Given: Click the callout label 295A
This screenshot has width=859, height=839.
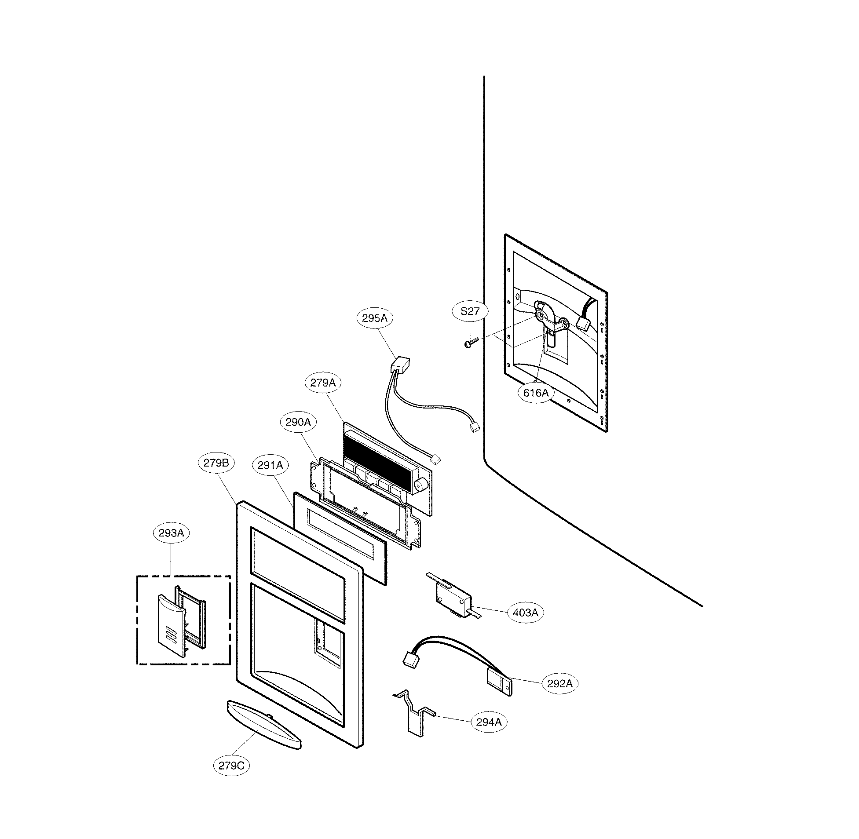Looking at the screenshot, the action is tap(375, 318).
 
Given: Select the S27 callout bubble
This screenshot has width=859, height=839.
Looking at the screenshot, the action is tap(470, 311).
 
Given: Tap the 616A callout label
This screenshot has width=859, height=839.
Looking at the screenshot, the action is tap(536, 392).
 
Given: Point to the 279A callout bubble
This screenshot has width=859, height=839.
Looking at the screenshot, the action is tap(323, 383).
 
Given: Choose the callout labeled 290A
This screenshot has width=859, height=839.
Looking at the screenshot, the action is tap(298, 422).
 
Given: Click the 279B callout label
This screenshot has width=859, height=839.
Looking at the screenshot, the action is tap(216, 463).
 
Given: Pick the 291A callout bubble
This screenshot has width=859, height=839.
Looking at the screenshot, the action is tap(270, 465).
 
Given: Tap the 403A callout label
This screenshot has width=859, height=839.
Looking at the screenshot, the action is tap(525, 613).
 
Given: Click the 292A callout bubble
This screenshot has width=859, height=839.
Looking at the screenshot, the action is tap(560, 683).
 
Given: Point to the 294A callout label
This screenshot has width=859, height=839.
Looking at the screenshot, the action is tap(489, 722).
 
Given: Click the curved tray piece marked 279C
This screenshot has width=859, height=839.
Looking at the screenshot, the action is tap(263, 724).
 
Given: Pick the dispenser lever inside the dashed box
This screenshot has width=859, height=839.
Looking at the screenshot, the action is tap(171, 626).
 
